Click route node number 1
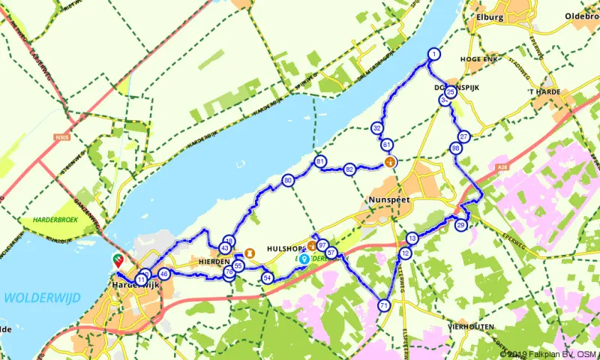(433, 54)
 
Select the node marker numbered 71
(384, 305)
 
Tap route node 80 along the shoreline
(288, 180)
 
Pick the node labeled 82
(349, 169)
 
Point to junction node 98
(456, 148)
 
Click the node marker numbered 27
(464, 136)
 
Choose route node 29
(461, 224)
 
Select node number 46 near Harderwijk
(163, 274)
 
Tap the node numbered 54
(267, 277)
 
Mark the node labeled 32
(376, 128)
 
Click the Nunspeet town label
(388, 200)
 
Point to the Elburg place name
(493, 14)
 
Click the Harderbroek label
(53, 220)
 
